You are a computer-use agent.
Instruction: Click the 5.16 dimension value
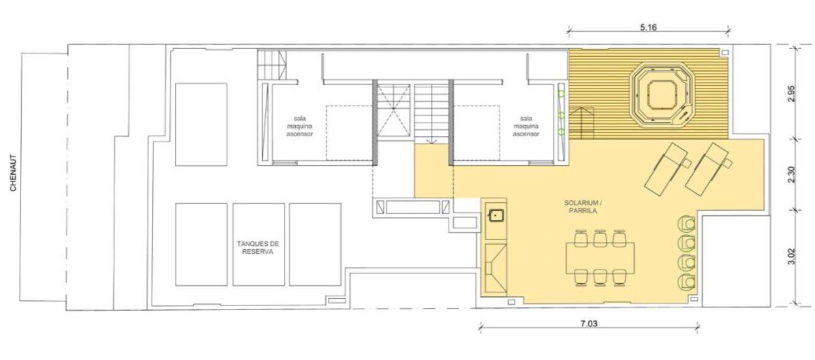[648, 27]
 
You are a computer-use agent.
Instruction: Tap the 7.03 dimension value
[588, 323]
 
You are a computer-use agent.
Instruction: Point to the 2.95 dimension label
[792, 93]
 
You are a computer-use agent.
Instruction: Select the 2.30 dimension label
[792, 175]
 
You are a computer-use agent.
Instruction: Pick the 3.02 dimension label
[792, 257]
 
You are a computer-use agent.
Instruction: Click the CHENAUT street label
[13, 172]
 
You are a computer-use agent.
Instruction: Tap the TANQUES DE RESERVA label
[258, 248]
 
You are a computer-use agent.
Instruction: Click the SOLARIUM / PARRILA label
[581, 206]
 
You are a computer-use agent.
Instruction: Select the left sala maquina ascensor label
[300, 126]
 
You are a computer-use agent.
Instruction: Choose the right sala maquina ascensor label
[526, 126]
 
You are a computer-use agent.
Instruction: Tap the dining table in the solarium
[600, 258]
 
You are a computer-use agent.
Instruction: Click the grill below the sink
[495, 268]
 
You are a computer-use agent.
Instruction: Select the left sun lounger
[667, 169]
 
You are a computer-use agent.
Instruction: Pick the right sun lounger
[708, 169]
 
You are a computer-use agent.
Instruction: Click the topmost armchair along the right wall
[686, 224]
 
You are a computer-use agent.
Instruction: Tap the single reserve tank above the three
[201, 125]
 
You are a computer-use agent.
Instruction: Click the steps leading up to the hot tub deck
[581, 123]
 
